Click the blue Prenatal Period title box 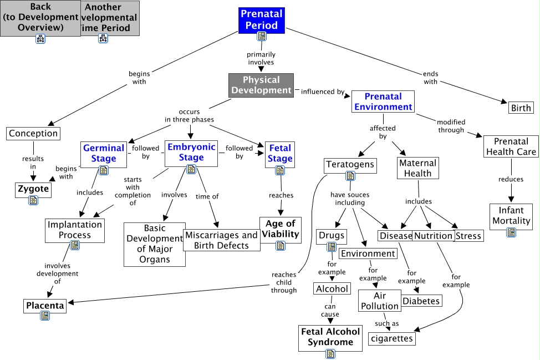tap(262, 19)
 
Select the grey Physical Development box tap(261, 85)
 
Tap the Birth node tap(521, 108)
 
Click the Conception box tap(33, 133)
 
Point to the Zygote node tap(33, 189)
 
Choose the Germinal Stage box tap(104, 153)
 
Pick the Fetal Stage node tap(280, 153)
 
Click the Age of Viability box tap(281, 229)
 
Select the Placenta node tap(45, 305)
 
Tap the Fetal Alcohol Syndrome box tap(330, 336)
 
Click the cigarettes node tap(391, 338)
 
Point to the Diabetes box tap(421, 301)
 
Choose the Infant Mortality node tap(511, 215)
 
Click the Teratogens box tap(350, 164)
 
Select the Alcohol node tap(332, 288)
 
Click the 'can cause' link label tap(330, 310)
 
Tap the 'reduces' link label tap(511, 179)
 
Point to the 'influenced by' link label tap(323, 92)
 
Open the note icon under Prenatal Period tap(262, 36)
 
